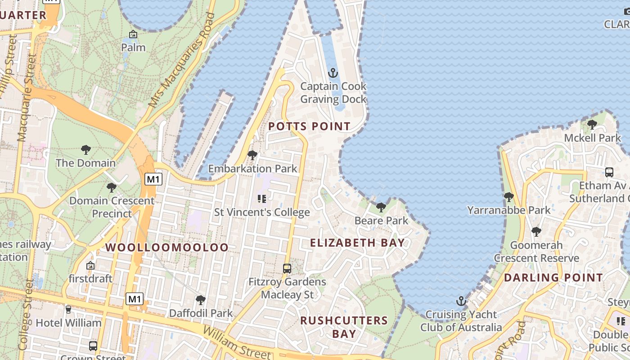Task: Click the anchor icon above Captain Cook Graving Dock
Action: [x=333, y=73]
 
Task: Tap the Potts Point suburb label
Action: [x=309, y=126]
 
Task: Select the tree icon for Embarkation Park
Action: [x=252, y=155]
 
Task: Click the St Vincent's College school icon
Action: [x=261, y=198]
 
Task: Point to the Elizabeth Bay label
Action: [x=357, y=243]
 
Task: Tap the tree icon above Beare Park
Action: [x=381, y=207]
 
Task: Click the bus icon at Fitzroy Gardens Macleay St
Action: [x=287, y=269]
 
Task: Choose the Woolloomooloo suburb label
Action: [x=167, y=247]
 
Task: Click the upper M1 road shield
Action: [x=153, y=180]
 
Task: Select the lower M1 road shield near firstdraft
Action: [x=135, y=299]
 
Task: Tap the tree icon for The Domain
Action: [x=85, y=150]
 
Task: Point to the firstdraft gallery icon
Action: [x=90, y=266]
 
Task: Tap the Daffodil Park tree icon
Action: [x=201, y=300]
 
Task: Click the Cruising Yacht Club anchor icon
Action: [x=461, y=301]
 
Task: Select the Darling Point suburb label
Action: [x=553, y=278]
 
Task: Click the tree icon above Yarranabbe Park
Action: [x=509, y=197]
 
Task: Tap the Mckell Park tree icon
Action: [x=592, y=124]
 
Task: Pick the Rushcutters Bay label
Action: [x=344, y=327]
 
